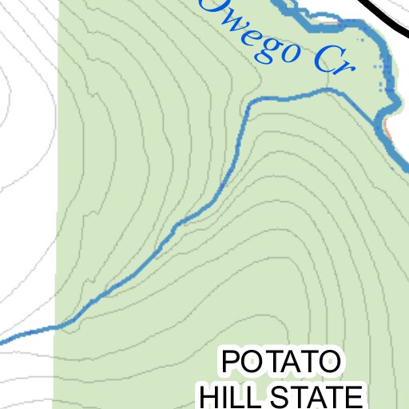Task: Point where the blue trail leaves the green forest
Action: coord(54,327)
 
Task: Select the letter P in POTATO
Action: coord(230,363)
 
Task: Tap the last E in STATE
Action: coord(354,395)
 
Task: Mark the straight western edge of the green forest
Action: coord(54,200)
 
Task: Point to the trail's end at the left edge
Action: coord(2,343)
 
